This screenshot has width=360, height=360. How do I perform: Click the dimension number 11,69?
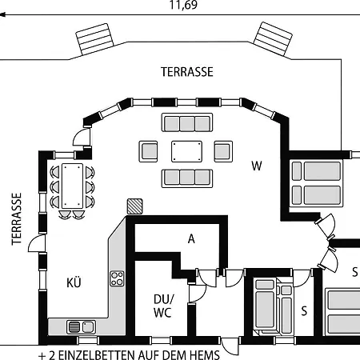[183, 5]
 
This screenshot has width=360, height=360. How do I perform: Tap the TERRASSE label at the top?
[187, 72]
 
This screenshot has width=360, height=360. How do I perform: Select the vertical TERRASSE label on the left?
[17, 219]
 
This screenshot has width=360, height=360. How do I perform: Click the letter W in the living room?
[257, 166]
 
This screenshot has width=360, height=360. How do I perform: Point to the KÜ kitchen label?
[74, 282]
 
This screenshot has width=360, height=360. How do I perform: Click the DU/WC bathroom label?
[163, 306]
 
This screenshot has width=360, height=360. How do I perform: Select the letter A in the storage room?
[191, 239]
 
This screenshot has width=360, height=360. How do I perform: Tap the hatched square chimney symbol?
[134, 206]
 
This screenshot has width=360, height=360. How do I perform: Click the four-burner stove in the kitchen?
[117, 278]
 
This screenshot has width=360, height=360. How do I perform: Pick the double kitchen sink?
[81, 327]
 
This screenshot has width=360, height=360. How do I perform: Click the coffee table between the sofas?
[186, 151]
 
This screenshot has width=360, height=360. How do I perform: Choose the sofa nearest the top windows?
[187, 122]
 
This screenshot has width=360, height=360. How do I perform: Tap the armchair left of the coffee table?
[148, 151]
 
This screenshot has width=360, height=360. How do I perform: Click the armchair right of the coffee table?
[223, 151]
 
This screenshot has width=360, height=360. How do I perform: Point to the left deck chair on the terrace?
[94, 39]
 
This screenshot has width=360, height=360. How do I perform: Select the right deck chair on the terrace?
[273, 38]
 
